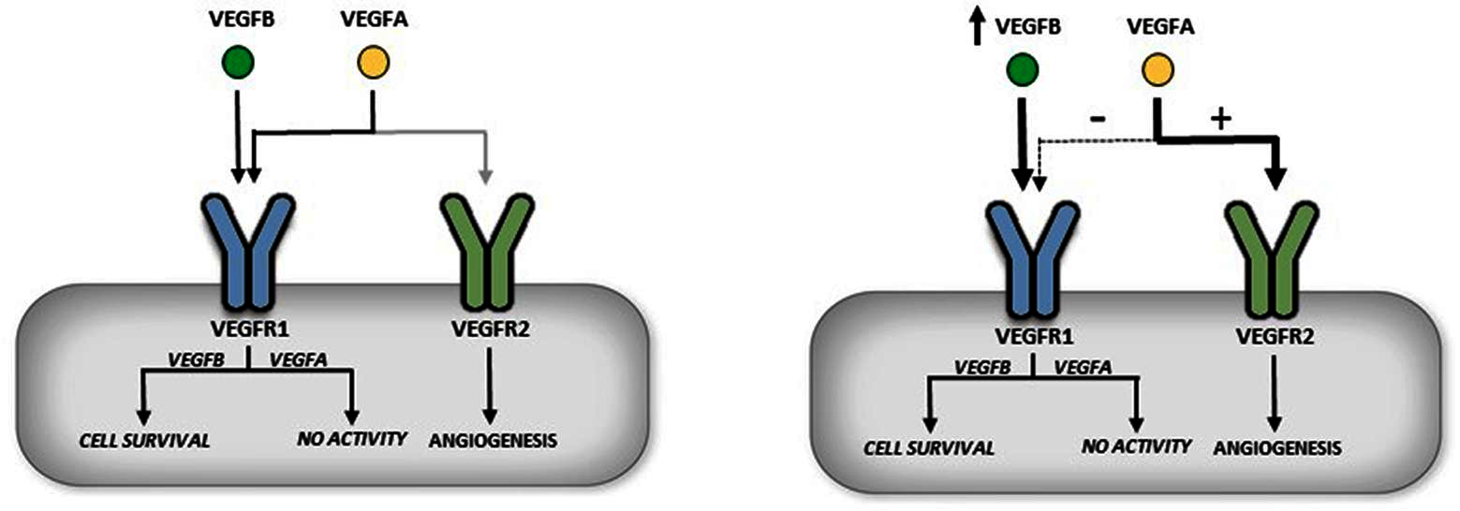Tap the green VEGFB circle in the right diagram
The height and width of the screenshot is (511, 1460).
coord(1023,69)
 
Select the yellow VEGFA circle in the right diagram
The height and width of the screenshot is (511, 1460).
coord(1158,69)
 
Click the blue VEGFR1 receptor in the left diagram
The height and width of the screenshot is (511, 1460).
coord(247,248)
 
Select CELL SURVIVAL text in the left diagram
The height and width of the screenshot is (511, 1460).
coord(143,437)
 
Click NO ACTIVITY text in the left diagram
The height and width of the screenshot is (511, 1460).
coord(351,437)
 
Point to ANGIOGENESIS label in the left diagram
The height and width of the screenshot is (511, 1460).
coord(487,438)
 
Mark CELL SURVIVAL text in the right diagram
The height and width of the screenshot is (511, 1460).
coord(926,445)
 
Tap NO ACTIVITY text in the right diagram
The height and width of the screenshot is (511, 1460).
coord(1135,445)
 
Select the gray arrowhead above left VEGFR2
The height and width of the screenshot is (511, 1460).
coord(484,174)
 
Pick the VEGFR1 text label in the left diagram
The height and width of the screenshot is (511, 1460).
coord(249,328)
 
